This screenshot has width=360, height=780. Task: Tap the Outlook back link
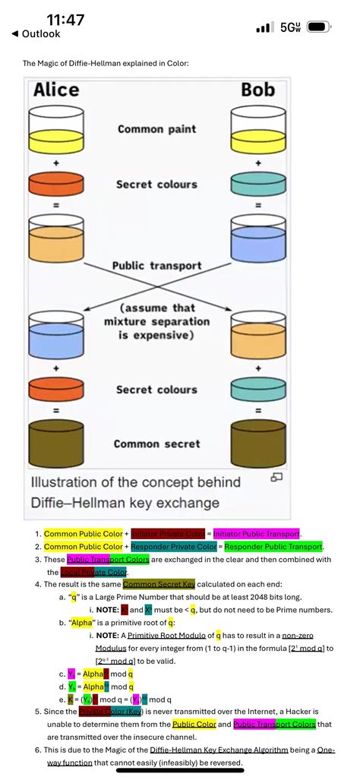click(x=36, y=34)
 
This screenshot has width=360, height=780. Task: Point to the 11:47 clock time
click(x=65, y=20)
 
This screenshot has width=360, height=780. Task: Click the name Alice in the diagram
click(x=56, y=90)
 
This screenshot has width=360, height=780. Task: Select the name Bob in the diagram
click(x=257, y=90)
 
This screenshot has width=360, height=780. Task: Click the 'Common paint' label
click(x=156, y=129)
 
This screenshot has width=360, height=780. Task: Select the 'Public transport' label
click(x=156, y=266)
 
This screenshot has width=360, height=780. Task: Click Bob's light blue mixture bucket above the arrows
click(x=257, y=238)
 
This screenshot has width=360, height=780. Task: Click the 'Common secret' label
click(x=156, y=444)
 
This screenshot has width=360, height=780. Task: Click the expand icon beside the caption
click(x=277, y=477)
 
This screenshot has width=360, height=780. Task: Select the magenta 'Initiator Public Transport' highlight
click(x=256, y=533)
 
